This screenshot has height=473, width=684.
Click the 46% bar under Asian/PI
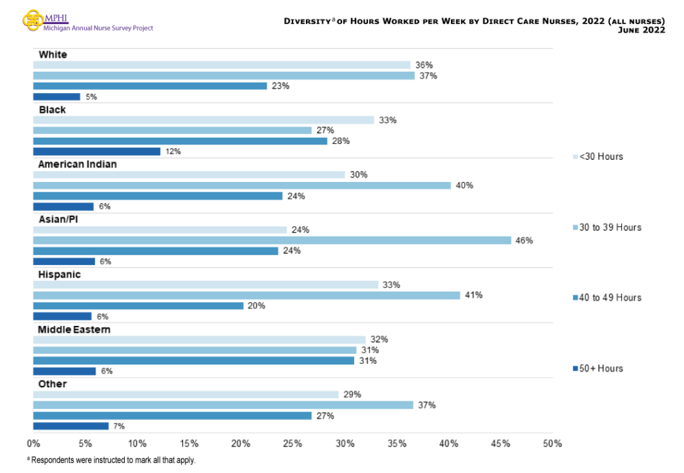pos(272,240)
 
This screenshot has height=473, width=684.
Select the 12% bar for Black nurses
pos(97,152)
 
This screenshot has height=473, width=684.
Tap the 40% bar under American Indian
pos(242,185)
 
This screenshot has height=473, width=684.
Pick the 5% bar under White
pos(57,97)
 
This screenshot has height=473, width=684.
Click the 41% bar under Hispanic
pos(246,295)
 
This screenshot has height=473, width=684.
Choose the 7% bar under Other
pos(71,426)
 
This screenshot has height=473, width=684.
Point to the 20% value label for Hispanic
pos(256,306)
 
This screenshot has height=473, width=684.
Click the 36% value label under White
pos(424,65)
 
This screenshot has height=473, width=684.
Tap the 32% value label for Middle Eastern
pos(379,339)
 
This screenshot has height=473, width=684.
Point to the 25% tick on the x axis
pos(293,444)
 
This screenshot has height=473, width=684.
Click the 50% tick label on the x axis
pos(552,444)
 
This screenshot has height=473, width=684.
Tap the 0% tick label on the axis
pos(33,444)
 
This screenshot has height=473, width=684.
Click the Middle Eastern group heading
pos(74,329)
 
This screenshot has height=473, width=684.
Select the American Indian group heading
pos(77,164)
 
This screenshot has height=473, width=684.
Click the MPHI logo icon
pos(33,19)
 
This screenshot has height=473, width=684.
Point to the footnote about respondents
pos(111,460)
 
